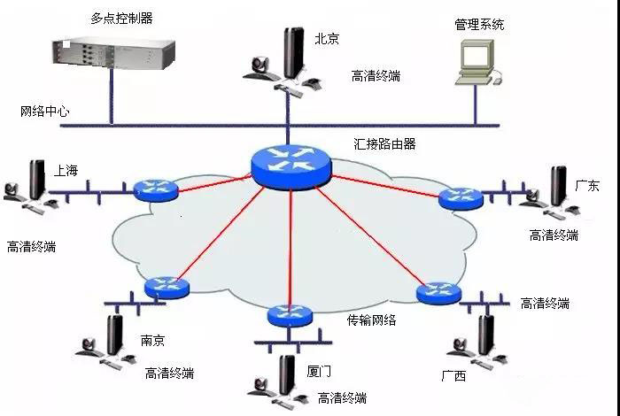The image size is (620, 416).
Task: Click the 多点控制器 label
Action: (121, 18)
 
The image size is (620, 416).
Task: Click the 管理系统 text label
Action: (479, 25)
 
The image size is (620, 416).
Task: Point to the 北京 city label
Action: (327, 38)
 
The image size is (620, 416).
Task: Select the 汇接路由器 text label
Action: (384, 143)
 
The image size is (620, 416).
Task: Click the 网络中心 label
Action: (45, 112)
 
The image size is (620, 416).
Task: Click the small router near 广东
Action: (461, 198)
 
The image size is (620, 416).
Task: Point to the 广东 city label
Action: (587, 186)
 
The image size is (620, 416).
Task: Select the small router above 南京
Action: (166, 287)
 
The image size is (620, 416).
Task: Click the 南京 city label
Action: (152, 340)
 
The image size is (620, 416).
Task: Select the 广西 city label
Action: (453, 376)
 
